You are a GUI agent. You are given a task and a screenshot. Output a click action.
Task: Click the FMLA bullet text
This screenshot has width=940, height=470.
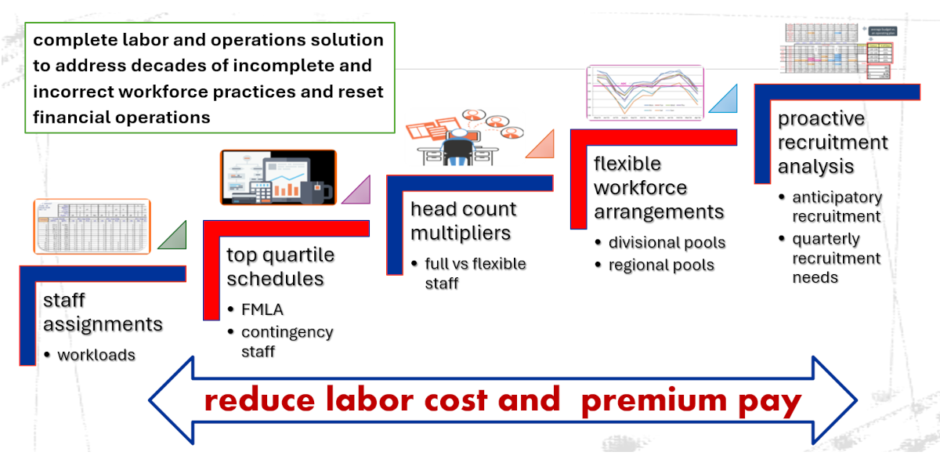click(262, 309)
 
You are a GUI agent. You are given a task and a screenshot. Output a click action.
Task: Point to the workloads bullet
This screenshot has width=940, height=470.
click(96, 355)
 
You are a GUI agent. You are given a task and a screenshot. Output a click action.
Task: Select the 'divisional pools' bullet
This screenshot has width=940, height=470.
click(667, 243)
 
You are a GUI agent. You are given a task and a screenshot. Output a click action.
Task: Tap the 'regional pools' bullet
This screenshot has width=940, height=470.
click(661, 265)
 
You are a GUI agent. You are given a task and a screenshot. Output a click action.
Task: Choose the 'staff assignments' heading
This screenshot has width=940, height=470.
click(103, 312)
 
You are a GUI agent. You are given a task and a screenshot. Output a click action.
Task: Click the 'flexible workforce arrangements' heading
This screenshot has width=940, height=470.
click(659, 188)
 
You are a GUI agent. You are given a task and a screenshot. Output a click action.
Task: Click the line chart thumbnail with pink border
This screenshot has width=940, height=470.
click(645, 93)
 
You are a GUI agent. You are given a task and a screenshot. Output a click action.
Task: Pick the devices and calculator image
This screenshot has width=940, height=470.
click(278, 178)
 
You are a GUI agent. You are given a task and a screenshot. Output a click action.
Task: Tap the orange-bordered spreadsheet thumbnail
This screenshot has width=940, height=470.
click(92, 226)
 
